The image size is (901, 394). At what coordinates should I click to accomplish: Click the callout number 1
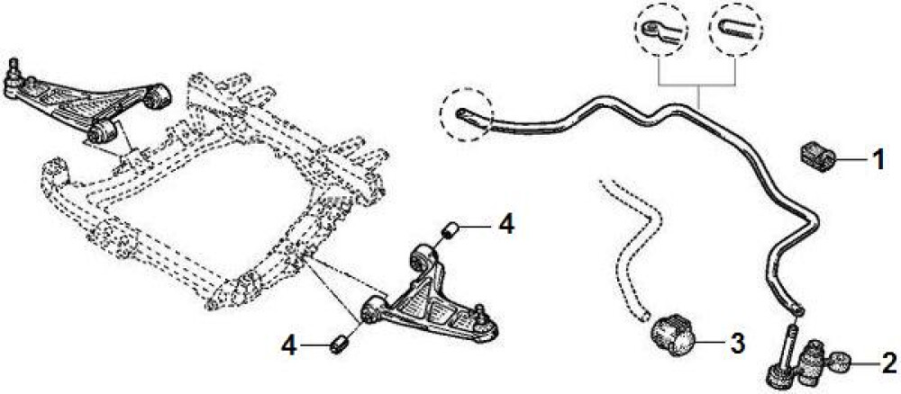tap(878, 159)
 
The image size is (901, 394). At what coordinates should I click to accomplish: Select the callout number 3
tap(737, 343)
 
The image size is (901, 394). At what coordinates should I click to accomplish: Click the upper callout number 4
tap(506, 224)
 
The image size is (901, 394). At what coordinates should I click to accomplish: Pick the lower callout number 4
tap(289, 345)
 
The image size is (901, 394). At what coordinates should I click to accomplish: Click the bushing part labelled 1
tap(817, 157)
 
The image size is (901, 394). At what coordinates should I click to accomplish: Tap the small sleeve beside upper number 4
tap(450, 230)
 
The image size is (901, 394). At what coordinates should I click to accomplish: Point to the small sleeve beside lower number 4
tap(341, 345)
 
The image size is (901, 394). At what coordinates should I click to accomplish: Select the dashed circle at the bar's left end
tap(467, 114)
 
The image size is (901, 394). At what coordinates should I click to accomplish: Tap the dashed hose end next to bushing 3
tap(646, 315)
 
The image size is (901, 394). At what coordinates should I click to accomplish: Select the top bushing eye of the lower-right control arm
tap(423, 256)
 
